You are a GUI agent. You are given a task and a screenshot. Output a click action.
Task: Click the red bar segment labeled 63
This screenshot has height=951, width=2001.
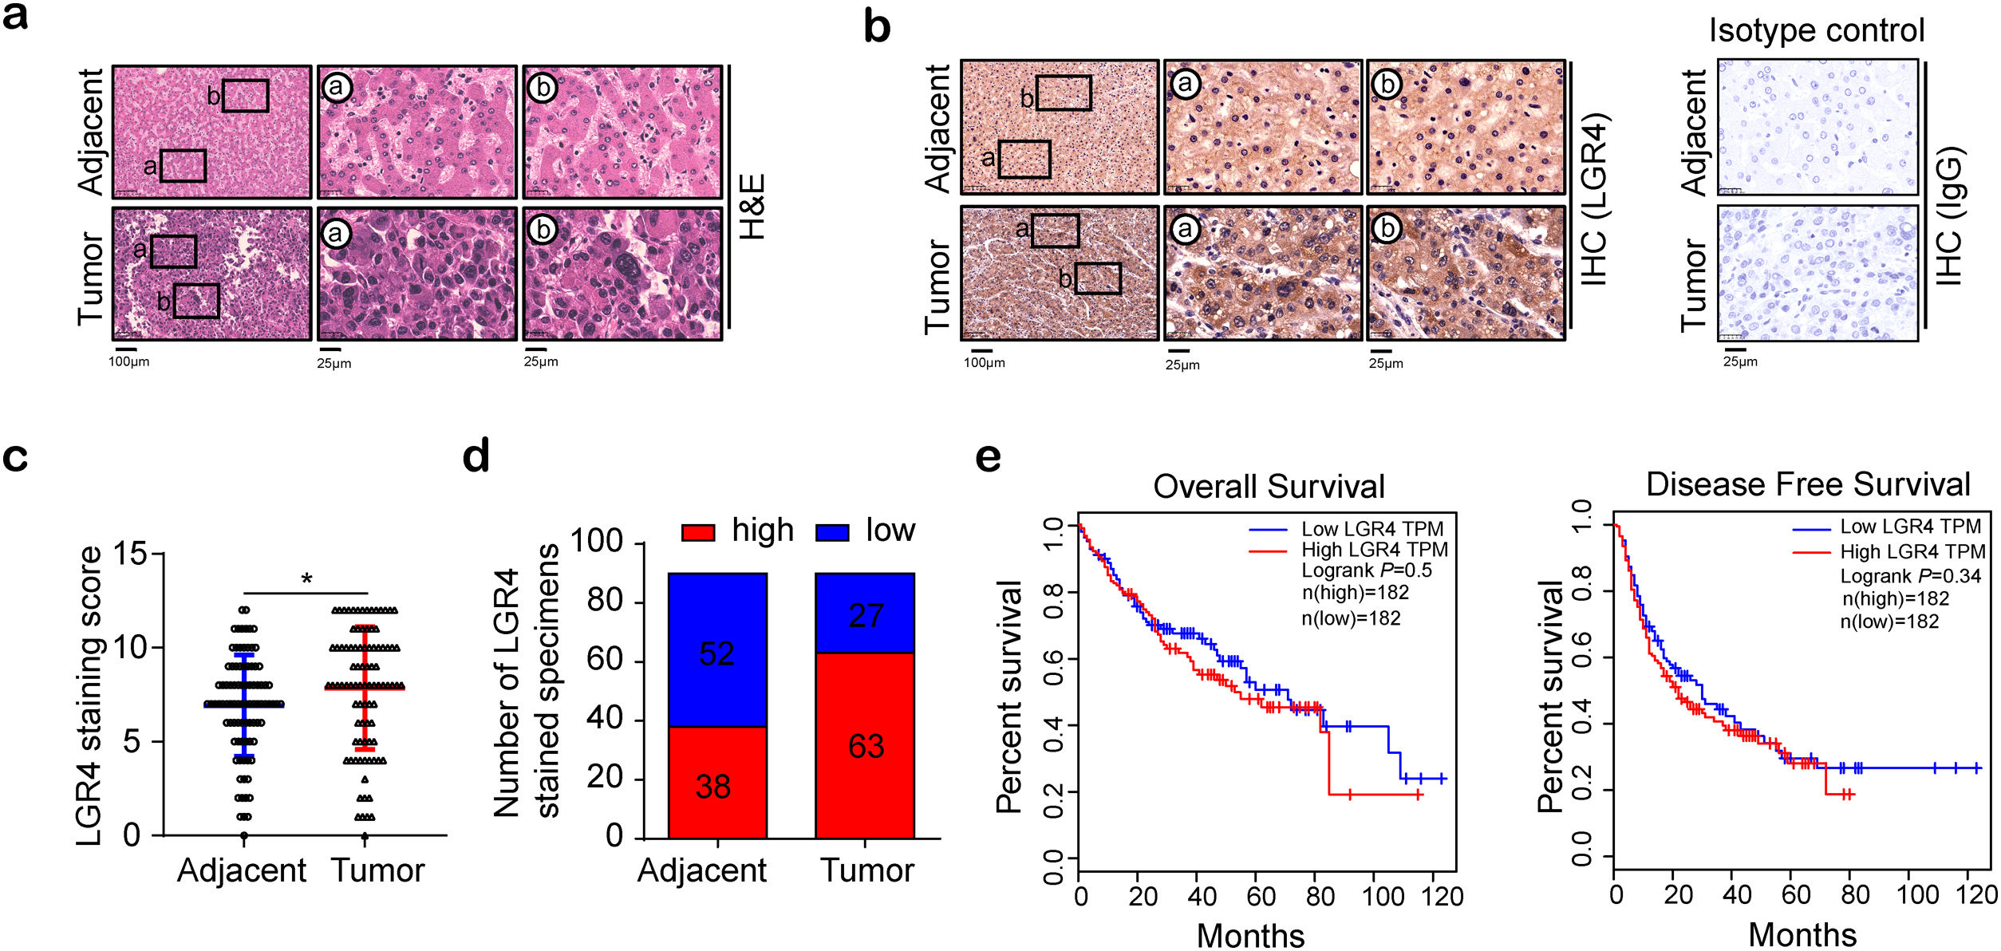pyautogui.click(x=865, y=745)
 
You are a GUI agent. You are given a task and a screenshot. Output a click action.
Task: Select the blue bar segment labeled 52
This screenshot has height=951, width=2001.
pyautogui.click(x=717, y=650)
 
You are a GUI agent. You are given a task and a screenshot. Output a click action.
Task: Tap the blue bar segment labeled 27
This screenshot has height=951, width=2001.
pyautogui.click(x=865, y=614)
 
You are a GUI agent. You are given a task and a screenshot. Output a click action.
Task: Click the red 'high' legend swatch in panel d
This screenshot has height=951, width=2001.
pyautogui.click(x=698, y=532)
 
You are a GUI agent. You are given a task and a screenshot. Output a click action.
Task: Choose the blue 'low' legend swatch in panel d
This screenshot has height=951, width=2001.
pyautogui.click(x=832, y=532)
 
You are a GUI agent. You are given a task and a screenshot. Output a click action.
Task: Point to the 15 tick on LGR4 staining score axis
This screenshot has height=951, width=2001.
pyautogui.click(x=132, y=553)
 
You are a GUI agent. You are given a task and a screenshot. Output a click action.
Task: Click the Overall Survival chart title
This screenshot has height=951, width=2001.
pyautogui.click(x=1268, y=486)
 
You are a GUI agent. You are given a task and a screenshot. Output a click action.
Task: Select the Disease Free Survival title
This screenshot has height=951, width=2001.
pyautogui.click(x=1808, y=484)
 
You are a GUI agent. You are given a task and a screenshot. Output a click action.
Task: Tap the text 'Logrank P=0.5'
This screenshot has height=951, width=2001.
pyautogui.click(x=1366, y=570)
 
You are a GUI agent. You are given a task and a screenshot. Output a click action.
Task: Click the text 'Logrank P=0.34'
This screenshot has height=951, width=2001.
pyautogui.click(x=1910, y=576)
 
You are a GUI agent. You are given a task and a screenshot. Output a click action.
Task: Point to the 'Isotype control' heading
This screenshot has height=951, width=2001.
pyautogui.click(x=1817, y=30)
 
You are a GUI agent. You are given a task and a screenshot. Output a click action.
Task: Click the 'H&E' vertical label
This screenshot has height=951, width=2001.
pyautogui.click(x=753, y=207)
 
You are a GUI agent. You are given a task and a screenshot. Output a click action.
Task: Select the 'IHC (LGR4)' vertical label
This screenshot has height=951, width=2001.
pyautogui.click(x=1594, y=199)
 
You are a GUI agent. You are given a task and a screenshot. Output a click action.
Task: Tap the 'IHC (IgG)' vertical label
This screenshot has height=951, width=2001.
pyautogui.click(x=1948, y=216)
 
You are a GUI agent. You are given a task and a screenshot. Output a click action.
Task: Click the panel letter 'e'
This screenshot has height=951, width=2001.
pyautogui.click(x=988, y=458)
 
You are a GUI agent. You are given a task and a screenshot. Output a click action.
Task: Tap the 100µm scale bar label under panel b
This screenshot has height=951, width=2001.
pyautogui.click(x=984, y=363)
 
